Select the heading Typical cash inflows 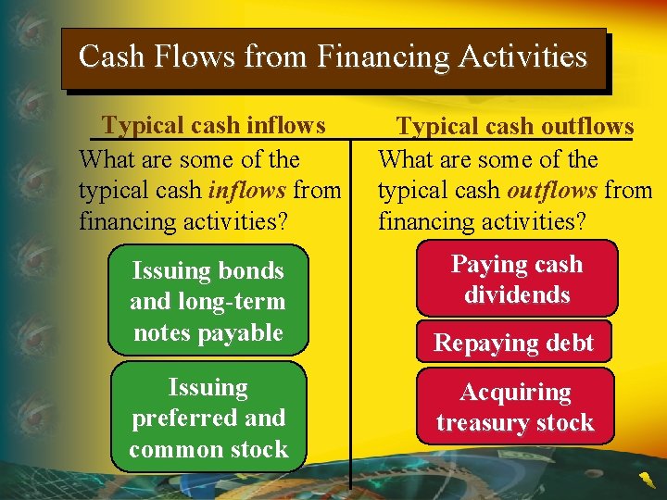(214, 125)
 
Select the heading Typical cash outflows (515, 127)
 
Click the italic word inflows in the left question (248, 191)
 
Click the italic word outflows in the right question (551, 191)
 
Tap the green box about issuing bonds (208, 301)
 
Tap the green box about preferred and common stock (208, 418)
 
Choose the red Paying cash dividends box (516, 279)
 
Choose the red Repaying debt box (514, 343)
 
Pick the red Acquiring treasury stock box (515, 407)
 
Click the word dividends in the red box (517, 294)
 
